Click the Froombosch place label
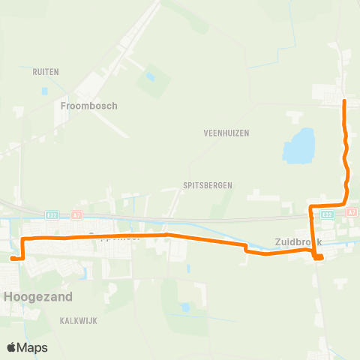(88, 106)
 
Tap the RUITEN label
(46, 72)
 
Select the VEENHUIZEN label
(226, 133)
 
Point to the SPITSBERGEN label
(208, 184)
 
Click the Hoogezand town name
(39, 296)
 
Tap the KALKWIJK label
(79, 320)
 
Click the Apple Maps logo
(27, 347)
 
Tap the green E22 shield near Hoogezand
(50, 214)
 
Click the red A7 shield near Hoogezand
(76, 214)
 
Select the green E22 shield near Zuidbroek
(327, 214)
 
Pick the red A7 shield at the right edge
(352, 213)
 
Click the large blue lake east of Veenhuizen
(298, 145)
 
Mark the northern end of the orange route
(344, 100)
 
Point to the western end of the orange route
(12, 258)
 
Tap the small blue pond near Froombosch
(150, 76)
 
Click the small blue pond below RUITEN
(45, 91)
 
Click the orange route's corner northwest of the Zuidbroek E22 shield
(311, 205)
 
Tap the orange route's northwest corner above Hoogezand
(23, 238)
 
